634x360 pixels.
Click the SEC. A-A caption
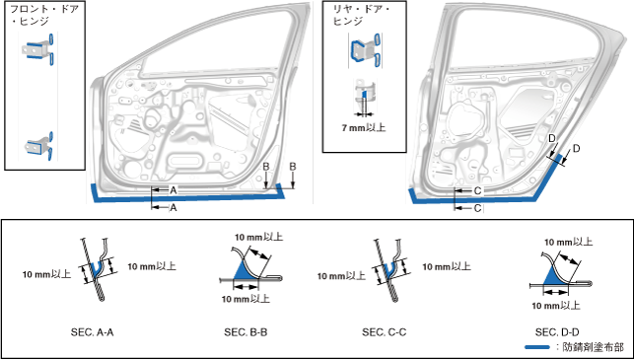click(x=92, y=332)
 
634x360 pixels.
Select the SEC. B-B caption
click(x=246, y=332)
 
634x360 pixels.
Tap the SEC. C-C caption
click(x=384, y=332)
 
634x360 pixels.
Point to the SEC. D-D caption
click(x=557, y=332)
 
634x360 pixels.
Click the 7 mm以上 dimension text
click(x=364, y=128)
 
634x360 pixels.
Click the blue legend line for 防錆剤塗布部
click(x=537, y=347)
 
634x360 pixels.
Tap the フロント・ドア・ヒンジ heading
click(x=44, y=15)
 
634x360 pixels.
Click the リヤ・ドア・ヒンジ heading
click(x=360, y=15)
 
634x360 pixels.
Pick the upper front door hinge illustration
click(x=38, y=49)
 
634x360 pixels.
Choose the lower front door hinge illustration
click(x=39, y=146)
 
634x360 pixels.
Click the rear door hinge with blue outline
click(x=365, y=50)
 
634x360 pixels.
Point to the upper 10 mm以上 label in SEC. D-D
click(x=568, y=243)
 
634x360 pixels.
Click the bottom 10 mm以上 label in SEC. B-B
click(x=246, y=299)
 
